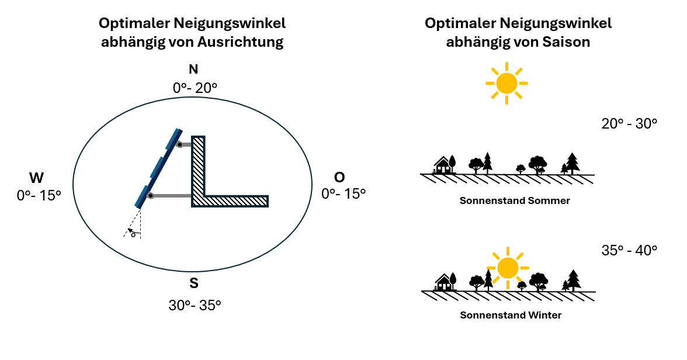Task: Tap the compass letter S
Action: [194, 284]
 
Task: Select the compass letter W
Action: [37, 178]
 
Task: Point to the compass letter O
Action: [339, 178]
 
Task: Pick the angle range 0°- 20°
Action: [195, 88]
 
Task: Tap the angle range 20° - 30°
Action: [629, 124]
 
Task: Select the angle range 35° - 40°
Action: [629, 250]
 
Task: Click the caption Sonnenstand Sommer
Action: [515, 200]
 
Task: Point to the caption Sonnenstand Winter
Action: [511, 315]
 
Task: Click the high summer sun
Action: [506, 83]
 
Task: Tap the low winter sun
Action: [508, 268]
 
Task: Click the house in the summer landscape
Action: [443, 165]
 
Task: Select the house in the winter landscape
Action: [444, 283]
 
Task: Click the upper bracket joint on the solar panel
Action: [181, 144]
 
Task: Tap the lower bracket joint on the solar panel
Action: [151, 196]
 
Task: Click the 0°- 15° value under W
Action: [39, 195]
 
